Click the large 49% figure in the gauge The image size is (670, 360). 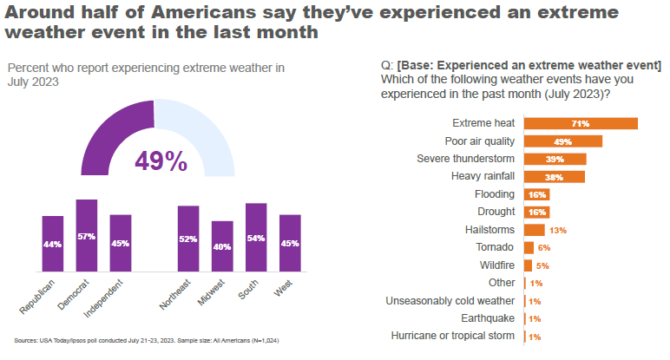click(x=161, y=160)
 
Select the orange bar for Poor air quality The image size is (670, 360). click(x=563, y=141)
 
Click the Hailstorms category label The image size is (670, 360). click(x=491, y=230)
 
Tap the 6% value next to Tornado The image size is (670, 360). click(x=544, y=247)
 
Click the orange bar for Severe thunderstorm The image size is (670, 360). click(x=555, y=159)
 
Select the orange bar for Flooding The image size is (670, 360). click(x=537, y=194)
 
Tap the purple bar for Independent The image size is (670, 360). click(x=121, y=244)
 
